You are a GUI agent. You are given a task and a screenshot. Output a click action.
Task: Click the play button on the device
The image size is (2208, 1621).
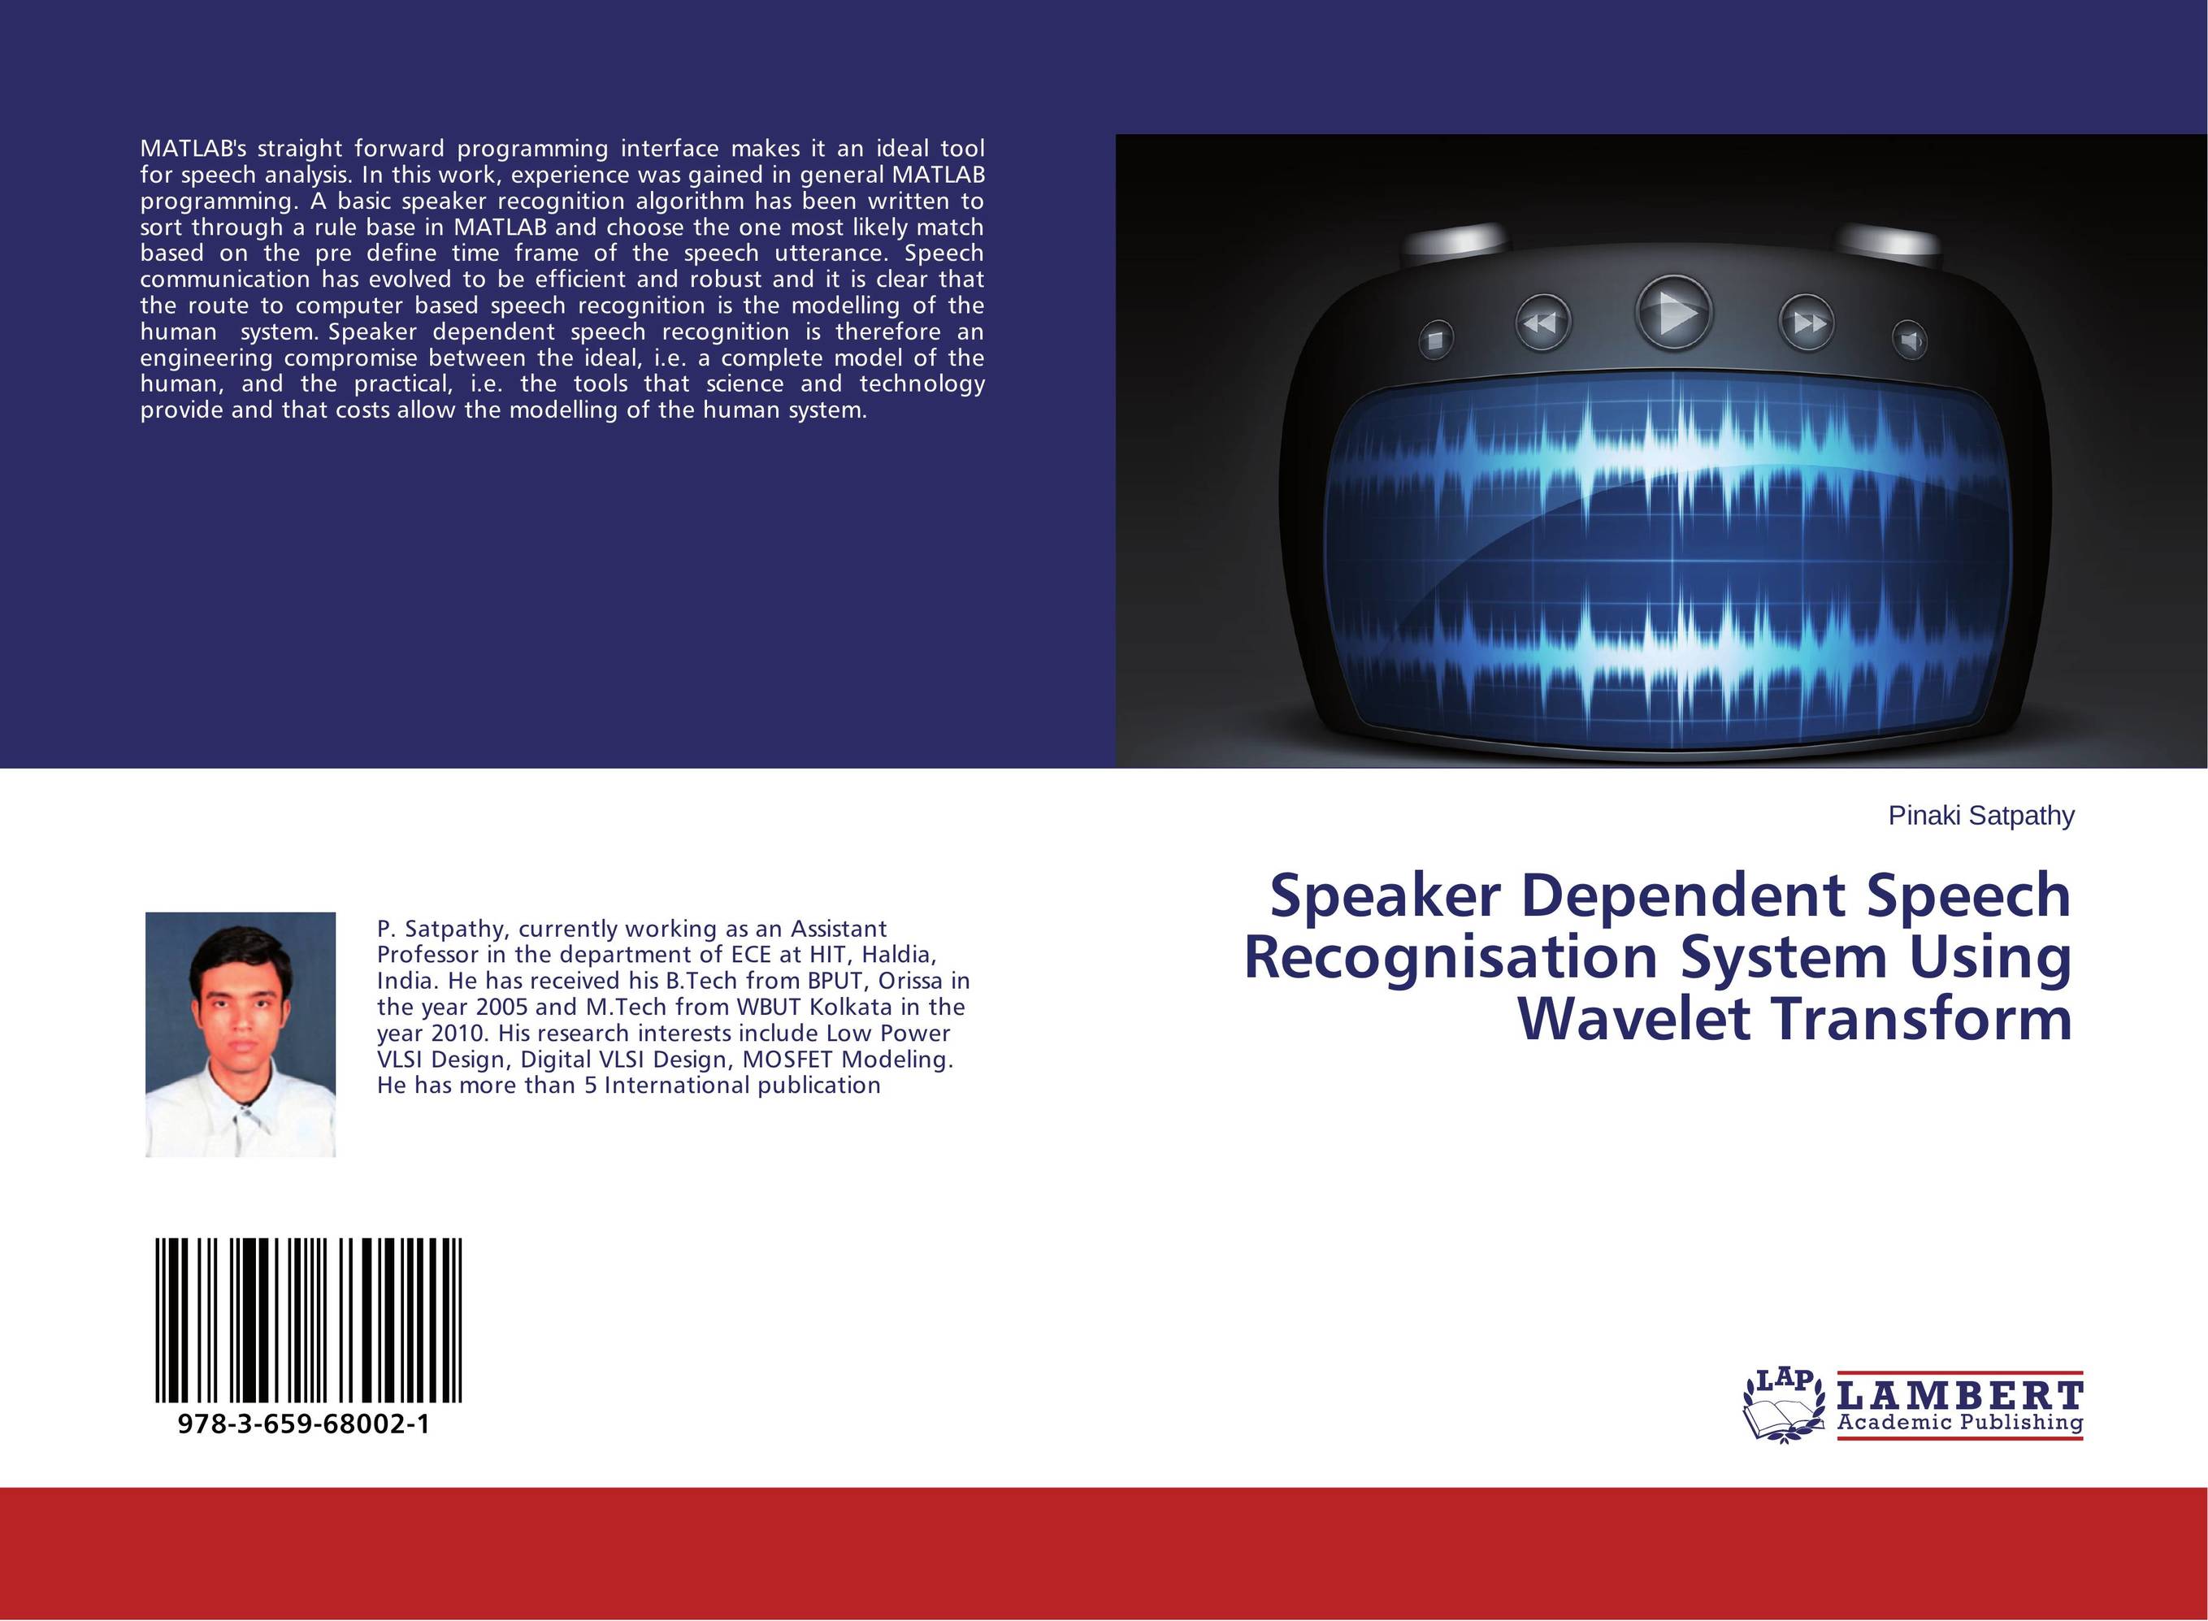tap(1674, 314)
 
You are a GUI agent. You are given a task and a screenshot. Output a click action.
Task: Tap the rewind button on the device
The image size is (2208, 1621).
tap(1542, 322)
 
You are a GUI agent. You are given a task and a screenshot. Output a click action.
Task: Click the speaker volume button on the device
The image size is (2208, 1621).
tap(1909, 340)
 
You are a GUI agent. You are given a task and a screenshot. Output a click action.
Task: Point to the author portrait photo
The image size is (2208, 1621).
tap(241, 1034)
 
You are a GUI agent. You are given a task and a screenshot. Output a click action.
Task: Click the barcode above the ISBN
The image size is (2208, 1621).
tap(308, 1320)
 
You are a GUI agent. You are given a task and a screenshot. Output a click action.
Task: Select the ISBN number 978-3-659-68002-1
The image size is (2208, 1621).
tap(304, 1424)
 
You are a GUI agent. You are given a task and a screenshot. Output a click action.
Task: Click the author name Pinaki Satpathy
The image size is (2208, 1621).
tap(1981, 816)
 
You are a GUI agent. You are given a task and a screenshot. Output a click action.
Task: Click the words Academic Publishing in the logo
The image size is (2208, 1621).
tap(1959, 1423)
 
